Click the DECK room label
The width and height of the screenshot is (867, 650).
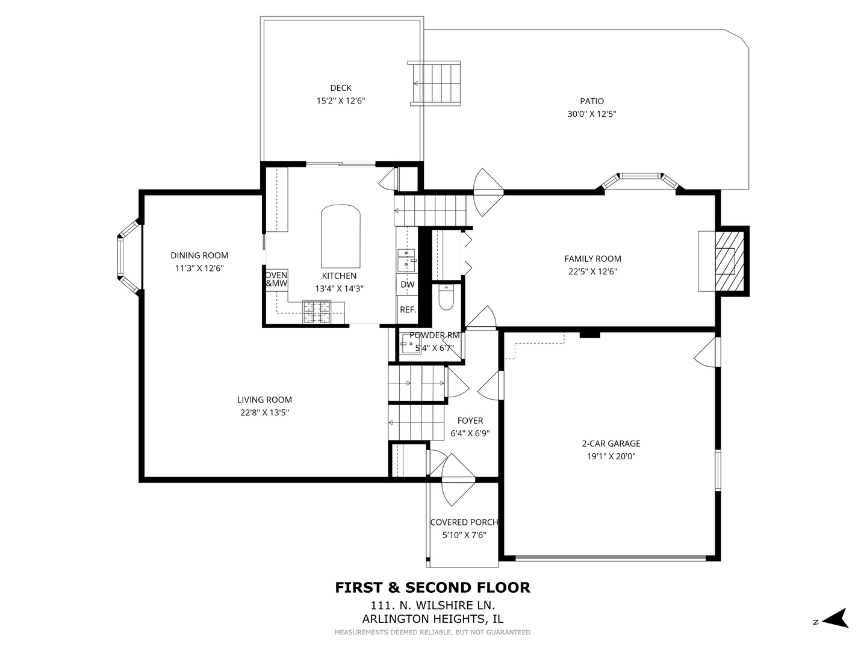coord(340,88)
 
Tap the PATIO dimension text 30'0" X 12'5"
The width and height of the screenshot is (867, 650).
coord(592,114)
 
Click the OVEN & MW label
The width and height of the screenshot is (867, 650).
coord(276,279)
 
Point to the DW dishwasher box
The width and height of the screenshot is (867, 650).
coord(408,285)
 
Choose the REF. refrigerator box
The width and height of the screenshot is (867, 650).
coord(408,310)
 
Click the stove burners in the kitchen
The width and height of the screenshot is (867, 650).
coord(317,312)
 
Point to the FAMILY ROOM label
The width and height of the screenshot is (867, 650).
coord(592,259)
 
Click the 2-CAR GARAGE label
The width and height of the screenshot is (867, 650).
coord(611,444)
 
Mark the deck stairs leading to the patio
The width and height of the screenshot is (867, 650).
coord(435,83)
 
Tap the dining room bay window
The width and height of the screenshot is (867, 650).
coord(128,258)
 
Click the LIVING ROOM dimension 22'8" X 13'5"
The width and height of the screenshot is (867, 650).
coord(264,413)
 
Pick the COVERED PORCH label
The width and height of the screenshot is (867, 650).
coord(464,522)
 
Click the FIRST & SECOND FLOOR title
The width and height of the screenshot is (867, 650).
coord(432,587)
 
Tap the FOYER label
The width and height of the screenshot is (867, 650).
coord(470,421)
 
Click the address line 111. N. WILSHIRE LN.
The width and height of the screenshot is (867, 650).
coord(432,605)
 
